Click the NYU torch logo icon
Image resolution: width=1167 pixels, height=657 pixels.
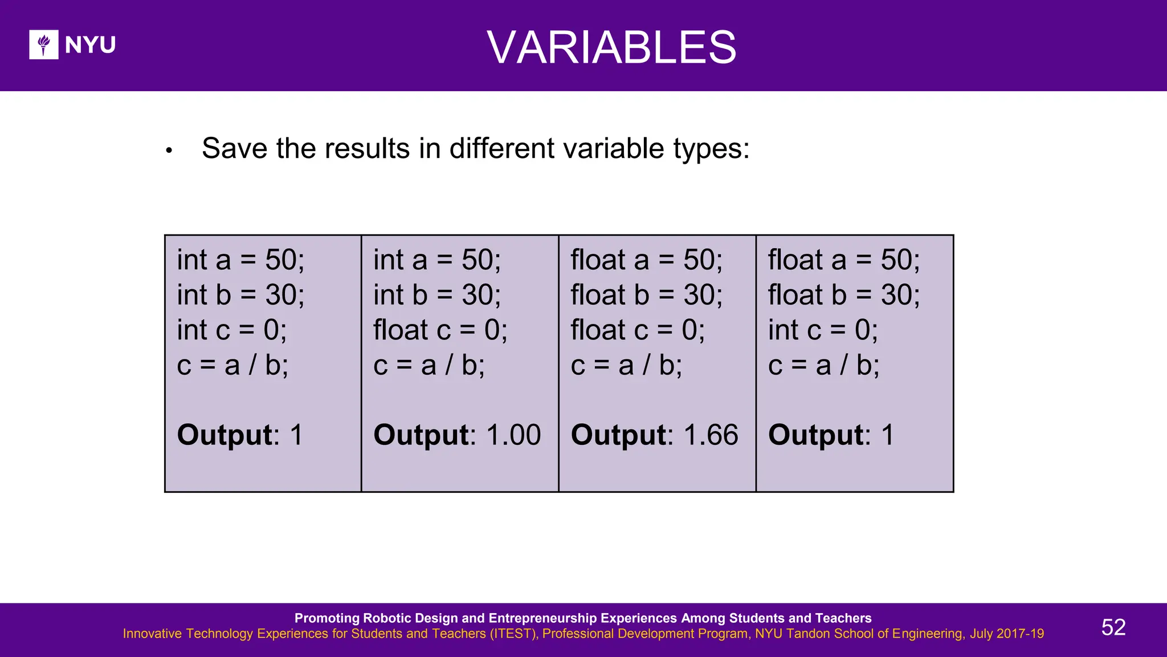(x=43, y=44)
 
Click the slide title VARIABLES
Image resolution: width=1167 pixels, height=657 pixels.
(x=611, y=47)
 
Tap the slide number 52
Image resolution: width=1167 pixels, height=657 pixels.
(x=1113, y=627)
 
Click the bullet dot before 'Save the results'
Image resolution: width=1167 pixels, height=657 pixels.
(x=169, y=151)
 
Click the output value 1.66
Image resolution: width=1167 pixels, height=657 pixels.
(x=711, y=435)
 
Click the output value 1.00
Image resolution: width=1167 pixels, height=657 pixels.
(x=513, y=435)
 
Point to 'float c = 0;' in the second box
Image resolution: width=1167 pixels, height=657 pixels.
(x=440, y=330)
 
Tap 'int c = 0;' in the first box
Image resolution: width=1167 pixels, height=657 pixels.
(x=231, y=330)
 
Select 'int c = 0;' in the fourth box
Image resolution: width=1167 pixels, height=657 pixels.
(x=823, y=330)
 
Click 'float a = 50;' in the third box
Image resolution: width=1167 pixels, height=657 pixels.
(x=646, y=260)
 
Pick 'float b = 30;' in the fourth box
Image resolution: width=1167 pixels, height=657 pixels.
(x=843, y=295)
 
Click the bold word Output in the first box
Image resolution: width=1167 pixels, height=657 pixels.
(x=225, y=435)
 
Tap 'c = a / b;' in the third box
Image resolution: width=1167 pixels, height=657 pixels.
(x=626, y=365)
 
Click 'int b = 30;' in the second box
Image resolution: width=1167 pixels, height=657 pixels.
(x=436, y=295)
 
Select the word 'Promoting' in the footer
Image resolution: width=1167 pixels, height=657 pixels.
(x=327, y=618)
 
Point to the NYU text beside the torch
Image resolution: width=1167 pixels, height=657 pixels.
(x=90, y=45)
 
